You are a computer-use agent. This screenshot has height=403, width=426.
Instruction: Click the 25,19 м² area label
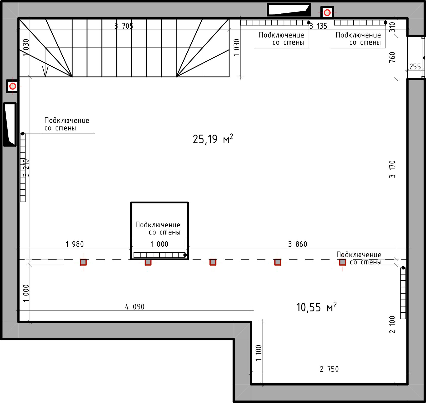coord(213,139)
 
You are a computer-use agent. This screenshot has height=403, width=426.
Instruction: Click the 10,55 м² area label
coord(316,307)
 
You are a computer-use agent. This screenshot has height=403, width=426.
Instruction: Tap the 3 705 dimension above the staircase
coord(124,26)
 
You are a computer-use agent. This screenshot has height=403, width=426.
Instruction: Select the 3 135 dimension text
coord(318,26)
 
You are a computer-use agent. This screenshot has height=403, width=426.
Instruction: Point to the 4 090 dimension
coord(135,307)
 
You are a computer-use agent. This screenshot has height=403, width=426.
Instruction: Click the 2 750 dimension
coord(329,369)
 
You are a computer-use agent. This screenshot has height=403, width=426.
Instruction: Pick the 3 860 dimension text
coord(298,244)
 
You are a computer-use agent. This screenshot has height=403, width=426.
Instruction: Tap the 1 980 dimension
coord(75,244)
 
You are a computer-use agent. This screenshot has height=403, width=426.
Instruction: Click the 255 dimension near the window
coord(415,66)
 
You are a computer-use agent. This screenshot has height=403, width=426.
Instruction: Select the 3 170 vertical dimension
coord(392,169)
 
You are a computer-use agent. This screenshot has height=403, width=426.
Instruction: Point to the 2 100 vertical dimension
coord(392,324)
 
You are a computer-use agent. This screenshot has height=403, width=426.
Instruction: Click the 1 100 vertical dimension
coord(258,353)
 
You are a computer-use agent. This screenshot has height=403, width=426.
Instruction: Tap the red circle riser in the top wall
coord(327,12)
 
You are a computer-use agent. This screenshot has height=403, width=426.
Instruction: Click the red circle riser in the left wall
coord(13,86)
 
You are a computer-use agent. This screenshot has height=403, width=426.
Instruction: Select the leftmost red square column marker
coord(83,262)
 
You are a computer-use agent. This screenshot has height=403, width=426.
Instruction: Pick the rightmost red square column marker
coord(343,262)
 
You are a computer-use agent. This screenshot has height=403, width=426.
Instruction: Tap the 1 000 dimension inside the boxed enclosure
coord(159,244)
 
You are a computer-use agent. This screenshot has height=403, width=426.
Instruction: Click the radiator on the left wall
coord(23,168)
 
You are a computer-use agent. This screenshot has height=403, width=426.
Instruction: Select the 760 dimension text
coord(392,57)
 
